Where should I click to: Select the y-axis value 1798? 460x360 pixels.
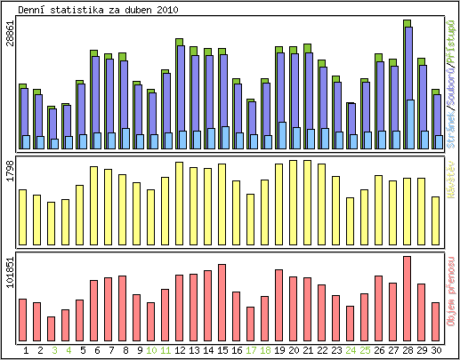10,171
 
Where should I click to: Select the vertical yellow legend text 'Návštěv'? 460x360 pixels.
451,179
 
